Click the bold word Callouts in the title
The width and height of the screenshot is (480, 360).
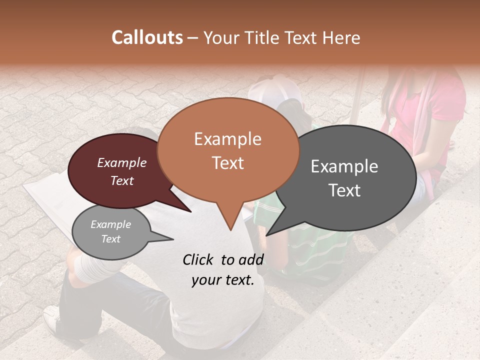click(x=147, y=37)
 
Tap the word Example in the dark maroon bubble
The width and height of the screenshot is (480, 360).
click(x=121, y=162)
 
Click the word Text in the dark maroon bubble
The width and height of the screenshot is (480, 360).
click(x=121, y=180)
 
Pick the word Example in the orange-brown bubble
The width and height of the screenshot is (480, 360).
click(x=227, y=139)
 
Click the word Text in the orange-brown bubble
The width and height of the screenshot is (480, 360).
click(x=227, y=163)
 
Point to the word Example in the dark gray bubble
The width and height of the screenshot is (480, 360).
click(x=344, y=166)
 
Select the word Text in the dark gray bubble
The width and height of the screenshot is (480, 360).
click(x=344, y=190)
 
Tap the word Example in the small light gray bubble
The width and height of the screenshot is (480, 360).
click(x=110, y=224)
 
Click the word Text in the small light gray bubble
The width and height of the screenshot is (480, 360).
click(x=110, y=239)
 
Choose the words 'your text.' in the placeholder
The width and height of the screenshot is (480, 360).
click(x=222, y=280)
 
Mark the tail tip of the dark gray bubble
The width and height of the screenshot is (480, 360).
click(x=267, y=234)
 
